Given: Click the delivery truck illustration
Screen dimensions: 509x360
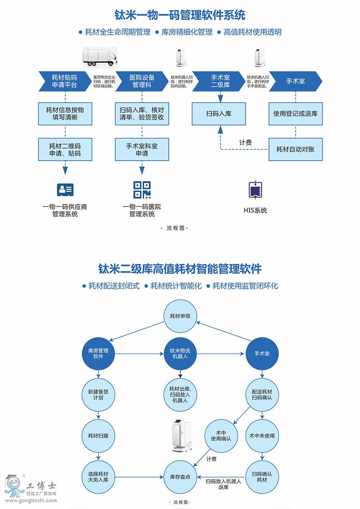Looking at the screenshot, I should click(100, 57).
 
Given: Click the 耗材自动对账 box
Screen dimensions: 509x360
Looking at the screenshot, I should click(296, 149).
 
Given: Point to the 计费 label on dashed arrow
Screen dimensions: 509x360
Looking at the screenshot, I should click(246, 142).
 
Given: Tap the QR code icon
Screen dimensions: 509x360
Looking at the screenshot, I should click(142, 189).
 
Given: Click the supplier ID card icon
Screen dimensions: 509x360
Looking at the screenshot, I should click(65, 189).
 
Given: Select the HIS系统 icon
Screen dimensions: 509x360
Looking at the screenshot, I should click(255, 190).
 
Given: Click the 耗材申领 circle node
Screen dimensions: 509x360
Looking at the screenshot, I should click(180, 316).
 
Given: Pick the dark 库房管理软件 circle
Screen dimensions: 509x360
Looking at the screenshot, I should click(98, 353).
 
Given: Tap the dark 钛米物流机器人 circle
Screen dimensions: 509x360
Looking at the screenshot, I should click(180, 353).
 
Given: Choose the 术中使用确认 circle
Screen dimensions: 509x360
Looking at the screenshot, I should click(221, 436).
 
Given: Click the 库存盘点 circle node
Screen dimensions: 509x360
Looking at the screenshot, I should click(180, 477).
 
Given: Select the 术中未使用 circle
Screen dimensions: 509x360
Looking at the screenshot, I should click(262, 436).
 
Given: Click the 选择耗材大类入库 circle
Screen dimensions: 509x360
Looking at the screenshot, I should click(98, 477).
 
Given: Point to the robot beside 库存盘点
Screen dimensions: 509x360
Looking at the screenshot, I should click(181, 436).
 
